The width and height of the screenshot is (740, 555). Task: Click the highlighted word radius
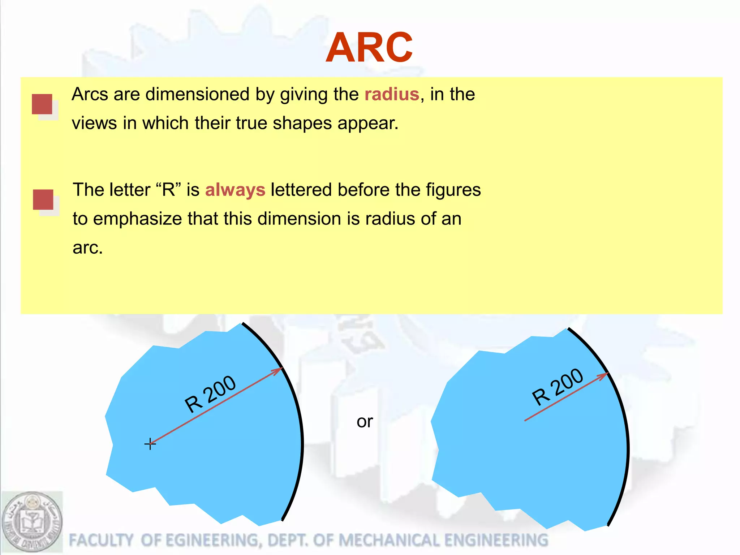(x=392, y=94)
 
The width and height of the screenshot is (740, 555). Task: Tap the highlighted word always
(x=235, y=190)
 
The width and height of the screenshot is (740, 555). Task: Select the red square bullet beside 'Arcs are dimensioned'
(x=42, y=104)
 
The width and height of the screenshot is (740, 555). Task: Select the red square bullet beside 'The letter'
(x=43, y=199)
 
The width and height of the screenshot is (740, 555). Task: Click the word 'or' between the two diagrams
(x=365, y=421)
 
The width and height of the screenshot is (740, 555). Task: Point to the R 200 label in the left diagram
(x=210, y=394)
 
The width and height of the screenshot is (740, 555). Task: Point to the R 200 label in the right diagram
(x=557, y=387)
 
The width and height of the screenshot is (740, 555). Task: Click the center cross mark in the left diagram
(x=150, y=444)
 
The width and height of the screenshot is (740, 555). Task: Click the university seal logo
(x=32, y=522)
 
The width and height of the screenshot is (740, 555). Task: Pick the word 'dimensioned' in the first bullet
(x=197, y=94)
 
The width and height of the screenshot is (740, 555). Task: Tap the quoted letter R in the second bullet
(x=169, y=190)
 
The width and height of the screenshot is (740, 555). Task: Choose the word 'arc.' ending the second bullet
(x=88, y=248)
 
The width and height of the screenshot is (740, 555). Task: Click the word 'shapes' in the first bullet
(x=302, y=123)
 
